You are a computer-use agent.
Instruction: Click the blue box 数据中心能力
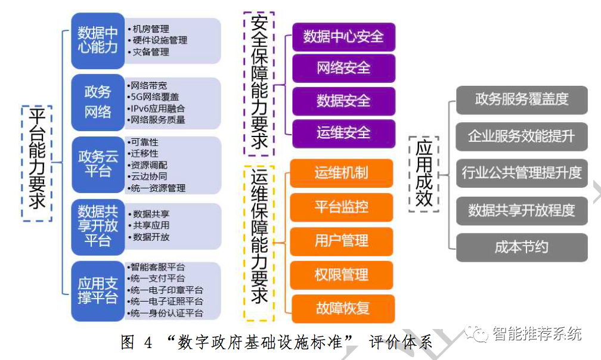point(98,40)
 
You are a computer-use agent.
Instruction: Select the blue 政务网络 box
point(98,102)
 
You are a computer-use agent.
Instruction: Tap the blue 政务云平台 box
point(98,164)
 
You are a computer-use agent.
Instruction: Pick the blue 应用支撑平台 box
point(98,290)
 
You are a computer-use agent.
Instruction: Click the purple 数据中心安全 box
point(343,36)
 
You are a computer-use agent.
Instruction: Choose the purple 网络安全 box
point(343,68)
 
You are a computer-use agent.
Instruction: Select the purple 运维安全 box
point(343,132)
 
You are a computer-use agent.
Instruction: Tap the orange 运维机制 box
point(342,173)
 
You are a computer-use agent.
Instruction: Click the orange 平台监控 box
point(342,207)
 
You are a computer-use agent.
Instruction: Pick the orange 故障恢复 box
point(342,308)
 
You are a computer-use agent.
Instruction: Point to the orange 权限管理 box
point(342,275)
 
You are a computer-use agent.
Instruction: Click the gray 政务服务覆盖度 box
point(522,100)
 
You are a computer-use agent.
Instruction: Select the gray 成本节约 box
point(522,247)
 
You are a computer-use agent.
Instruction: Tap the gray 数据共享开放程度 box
point(522,210)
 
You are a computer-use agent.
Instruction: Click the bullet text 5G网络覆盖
point(154,97)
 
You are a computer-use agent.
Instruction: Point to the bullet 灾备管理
point(151,52)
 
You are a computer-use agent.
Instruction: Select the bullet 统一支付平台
point(158,278)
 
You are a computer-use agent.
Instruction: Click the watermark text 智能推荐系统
point(536,334)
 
